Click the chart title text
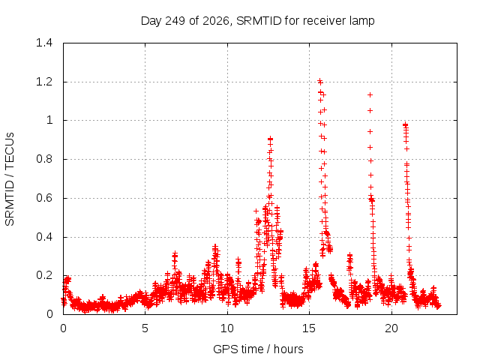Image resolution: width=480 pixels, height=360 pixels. [257, 21]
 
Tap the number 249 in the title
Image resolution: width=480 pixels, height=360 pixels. [175, 21]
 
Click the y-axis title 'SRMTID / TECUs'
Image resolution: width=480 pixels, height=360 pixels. [10, 179]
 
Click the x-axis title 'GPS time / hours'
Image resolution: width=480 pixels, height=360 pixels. [258, 349]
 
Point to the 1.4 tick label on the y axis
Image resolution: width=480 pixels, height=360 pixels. [44, 43]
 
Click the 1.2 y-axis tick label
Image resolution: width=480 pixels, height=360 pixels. [44, 82]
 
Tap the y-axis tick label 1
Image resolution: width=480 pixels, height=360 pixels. [49, 120]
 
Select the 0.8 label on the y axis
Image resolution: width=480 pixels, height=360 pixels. [44, 159]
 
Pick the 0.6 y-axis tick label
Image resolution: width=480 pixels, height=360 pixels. [44, 198]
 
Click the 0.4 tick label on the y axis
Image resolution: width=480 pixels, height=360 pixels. [44, 237]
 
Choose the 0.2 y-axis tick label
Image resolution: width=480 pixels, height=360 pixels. [44, 275]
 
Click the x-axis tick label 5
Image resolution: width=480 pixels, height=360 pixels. [145, 328]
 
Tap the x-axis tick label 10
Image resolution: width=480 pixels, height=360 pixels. [227, 328]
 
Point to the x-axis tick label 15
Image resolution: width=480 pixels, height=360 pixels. [309, 328]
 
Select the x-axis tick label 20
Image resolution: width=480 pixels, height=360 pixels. [391, 328]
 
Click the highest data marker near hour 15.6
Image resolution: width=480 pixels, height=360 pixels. [319, 81]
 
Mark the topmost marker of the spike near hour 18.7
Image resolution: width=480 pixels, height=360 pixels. [370, 95]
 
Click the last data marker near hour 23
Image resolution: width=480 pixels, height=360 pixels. [439, 305]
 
